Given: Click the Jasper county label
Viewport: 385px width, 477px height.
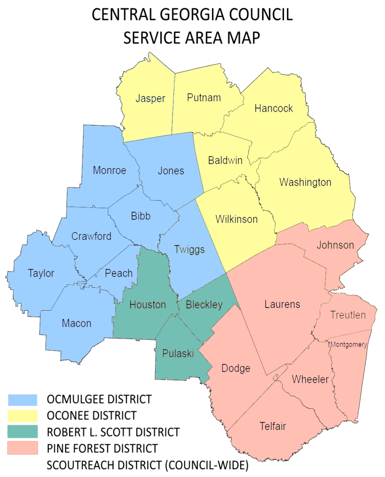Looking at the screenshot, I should pyautogui.click(x=150, y=99).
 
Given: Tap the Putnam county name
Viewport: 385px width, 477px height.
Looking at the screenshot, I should pyautogui.click(x=204, y=98).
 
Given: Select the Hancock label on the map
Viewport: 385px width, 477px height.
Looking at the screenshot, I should pyautogui.click(x=273, y=108).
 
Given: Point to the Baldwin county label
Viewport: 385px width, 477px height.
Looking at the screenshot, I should pyautogui.click(x=225, y=160).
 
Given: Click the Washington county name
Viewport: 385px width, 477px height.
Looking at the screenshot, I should pyautogui.click(x=305, y=182).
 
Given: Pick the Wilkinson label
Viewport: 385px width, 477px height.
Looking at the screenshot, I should pyautogui.click(x=237, y=219).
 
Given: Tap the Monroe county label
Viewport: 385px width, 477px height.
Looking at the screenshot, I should pyautogui.click(x=109, y=170).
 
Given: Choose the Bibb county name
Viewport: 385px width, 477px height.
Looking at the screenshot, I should pyautogui.click(x=141, y=216).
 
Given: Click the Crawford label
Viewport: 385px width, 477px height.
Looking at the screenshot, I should pyautogui.click(x=91, y=236).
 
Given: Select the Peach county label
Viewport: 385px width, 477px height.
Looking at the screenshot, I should pyautogui.click(x=119, y=273).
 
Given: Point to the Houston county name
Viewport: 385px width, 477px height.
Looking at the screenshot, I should pyautogui.click(x=148, y=305).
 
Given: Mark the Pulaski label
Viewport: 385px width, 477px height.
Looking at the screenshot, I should pyautogui.click(x=178, y=353).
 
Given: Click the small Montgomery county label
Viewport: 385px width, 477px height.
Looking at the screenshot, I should pyautogui.click(x=348, y=344).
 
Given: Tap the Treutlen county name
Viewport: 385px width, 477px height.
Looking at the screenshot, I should pyautogui.click(x=348, y=315).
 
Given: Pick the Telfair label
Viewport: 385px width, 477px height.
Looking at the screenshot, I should pyautogui.click(x=273, y=426).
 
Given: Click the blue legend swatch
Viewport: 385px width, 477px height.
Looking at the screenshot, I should pyautogui.click(x=22, y=400).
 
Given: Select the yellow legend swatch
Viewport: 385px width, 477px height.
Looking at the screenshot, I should pyautogui.click(x=22, y=416).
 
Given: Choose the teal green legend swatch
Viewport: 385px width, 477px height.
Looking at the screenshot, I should pyautogui.click(x=22, y=431).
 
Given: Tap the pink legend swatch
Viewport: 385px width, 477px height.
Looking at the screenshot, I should pyautogui.click(x=22, y=448).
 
